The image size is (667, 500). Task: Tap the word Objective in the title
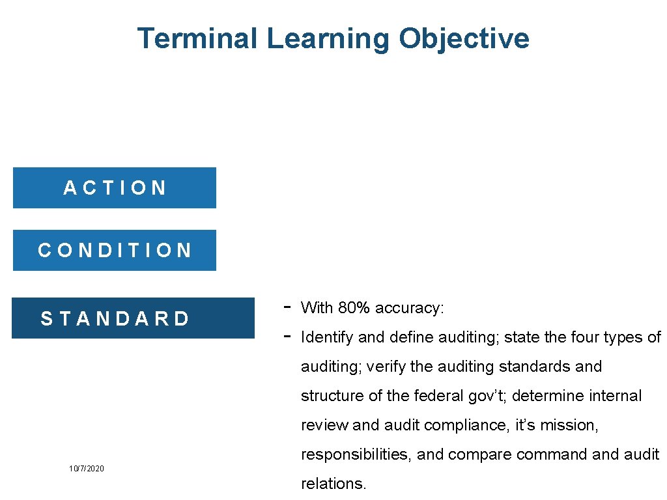(464, 38)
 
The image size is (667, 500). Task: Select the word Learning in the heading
(328, 38)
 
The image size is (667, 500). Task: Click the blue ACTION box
(115, 188)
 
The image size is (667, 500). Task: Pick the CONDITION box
(115, 251)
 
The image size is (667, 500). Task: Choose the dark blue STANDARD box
(133, 318)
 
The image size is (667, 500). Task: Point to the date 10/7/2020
(87, 469)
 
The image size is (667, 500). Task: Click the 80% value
(355, 308)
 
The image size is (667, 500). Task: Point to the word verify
(386, 367)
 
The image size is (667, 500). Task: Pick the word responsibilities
(356, 454)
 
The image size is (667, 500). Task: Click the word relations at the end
(333, 484)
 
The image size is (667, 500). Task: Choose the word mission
(573, 425)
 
